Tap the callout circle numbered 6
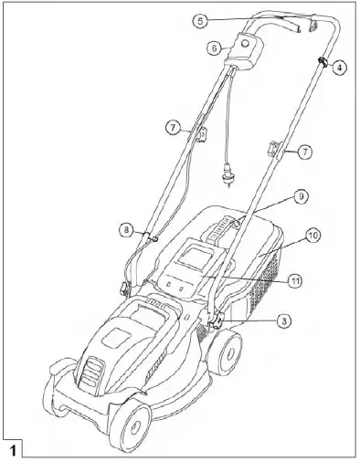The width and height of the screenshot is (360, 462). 214,47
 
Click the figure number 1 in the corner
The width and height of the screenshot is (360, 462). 16,450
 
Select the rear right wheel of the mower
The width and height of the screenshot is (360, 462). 224,352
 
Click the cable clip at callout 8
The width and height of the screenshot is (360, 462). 152,236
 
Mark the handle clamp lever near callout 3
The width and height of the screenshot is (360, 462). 217,320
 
